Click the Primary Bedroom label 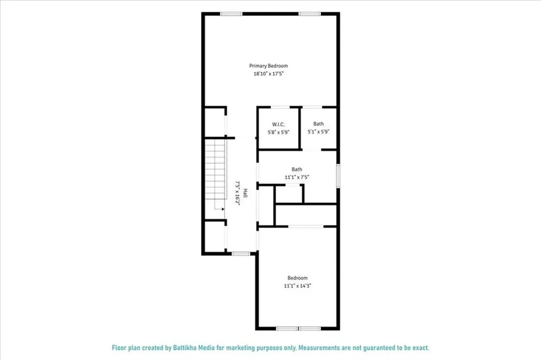point(268,66)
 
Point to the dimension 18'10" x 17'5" point(268,75)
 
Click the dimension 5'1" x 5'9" point(319,132)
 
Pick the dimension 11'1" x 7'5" point(296,177)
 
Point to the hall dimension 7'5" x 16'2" point(237,193)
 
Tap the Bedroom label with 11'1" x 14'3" point(297,278)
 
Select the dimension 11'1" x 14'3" point(297,286)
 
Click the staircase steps point(216,169)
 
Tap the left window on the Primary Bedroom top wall point(231,14)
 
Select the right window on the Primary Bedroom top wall point(309,14)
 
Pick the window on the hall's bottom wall point(241,254)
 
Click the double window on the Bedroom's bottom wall point(299,328)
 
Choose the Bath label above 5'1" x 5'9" point(318,124)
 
